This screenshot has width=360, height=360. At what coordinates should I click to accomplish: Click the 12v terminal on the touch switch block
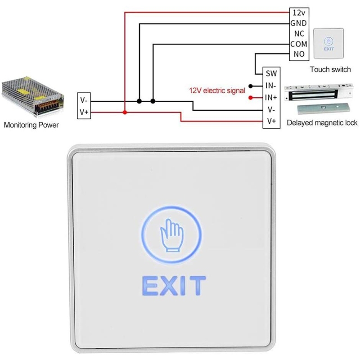(x=299, y=12)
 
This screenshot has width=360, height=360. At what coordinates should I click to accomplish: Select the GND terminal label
(x=299, y=23)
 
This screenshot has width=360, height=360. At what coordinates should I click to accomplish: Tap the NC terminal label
(x=299, y=34)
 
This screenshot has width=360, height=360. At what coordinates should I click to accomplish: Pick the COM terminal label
(x=299, y=44)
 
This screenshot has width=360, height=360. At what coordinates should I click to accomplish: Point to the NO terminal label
(x=299, y=54)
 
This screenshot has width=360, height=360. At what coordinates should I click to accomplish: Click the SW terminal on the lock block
(x=271, y=73)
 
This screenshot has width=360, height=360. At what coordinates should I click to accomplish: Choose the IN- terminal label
(x=271, y=85)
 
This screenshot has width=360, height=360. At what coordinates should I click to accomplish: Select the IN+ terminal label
(x=271, y=97)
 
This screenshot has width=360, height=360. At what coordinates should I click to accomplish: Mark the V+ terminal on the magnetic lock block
(x=271, y=121)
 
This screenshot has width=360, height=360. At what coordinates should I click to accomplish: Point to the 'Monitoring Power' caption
(x=31, y=125)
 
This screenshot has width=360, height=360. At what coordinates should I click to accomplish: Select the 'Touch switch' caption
(x=330, y=69)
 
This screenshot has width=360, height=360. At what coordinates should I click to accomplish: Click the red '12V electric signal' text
(x=217, y=90)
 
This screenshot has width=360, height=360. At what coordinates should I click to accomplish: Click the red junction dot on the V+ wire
(x=125, y=112)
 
